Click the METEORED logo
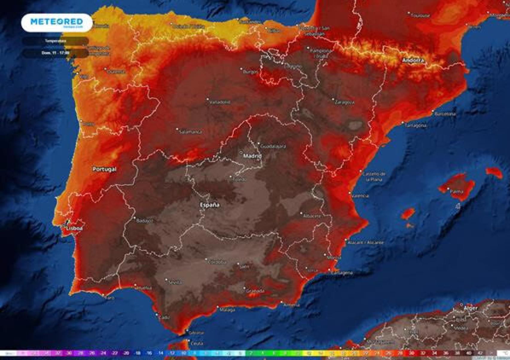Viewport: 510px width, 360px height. [57, 22]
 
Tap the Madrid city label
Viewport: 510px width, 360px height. [252, 156]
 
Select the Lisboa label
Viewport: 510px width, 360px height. [75, 228]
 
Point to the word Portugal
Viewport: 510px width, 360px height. [104, 169]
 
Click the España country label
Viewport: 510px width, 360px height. [210, 205]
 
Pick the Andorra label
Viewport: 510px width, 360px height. [413, 60]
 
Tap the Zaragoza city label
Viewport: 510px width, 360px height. [345, 102]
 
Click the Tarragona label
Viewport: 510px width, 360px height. [416, 126]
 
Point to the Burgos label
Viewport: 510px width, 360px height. [251, 72]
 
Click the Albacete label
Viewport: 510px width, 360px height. [312, 216]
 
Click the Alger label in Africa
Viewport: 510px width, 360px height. [471, 308]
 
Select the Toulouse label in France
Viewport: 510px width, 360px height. [420, 15]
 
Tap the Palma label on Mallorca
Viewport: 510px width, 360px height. [457, 191]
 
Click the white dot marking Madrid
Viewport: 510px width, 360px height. [241, 152]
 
